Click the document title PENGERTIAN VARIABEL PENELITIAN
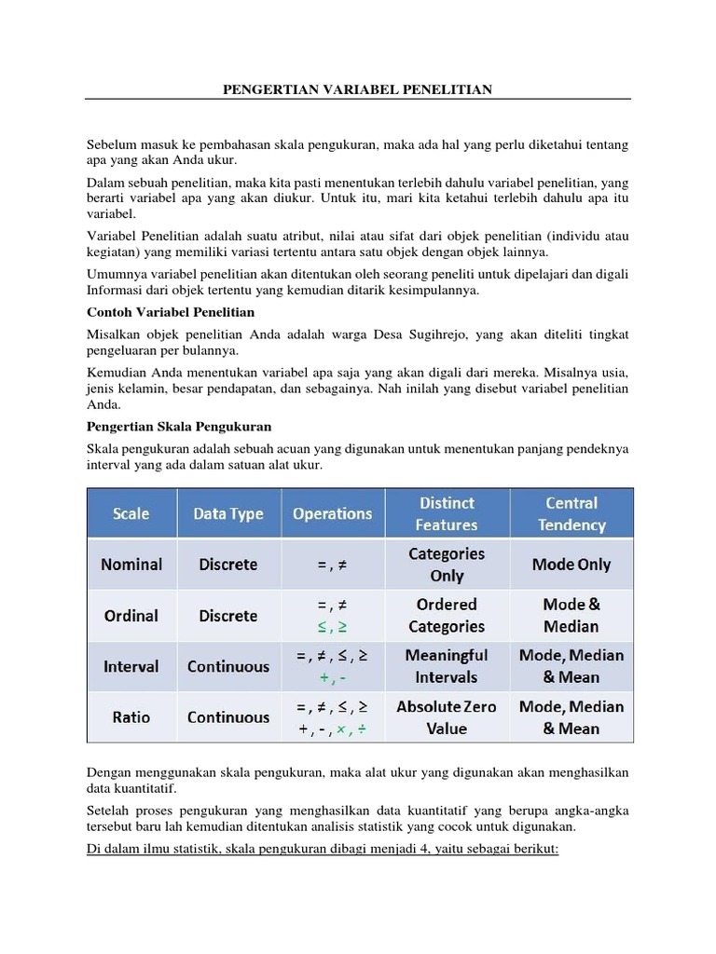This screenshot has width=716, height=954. tap(358, 89)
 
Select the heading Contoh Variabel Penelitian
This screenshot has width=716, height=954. tap(171, 311)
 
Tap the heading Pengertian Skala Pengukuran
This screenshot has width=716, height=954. tap(179, 426)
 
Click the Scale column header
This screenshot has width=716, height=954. tap(131, 513)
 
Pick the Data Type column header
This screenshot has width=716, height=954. tap(228, 513)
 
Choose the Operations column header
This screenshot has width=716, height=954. tap(332, 513)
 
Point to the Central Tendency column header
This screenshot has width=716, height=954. tap(571, 513)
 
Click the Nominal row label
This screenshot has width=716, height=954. tap(131, 565)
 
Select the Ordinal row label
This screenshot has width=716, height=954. tap(131, 616)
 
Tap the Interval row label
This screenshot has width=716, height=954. tap(131, 667)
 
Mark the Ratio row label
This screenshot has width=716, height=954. tap(131, 717)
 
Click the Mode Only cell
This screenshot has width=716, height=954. tap(571, 565)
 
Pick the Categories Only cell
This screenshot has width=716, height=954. tap(447, 565)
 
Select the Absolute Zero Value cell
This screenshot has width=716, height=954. tap(447, 717)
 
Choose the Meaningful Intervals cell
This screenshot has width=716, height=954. tap(447, 666)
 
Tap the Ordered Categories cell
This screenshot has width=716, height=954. tap(447, 616)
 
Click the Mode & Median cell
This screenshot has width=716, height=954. tap(571, 616)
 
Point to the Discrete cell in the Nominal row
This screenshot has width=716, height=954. tap(228, 565)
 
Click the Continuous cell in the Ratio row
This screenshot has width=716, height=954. tap(228, 717)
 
